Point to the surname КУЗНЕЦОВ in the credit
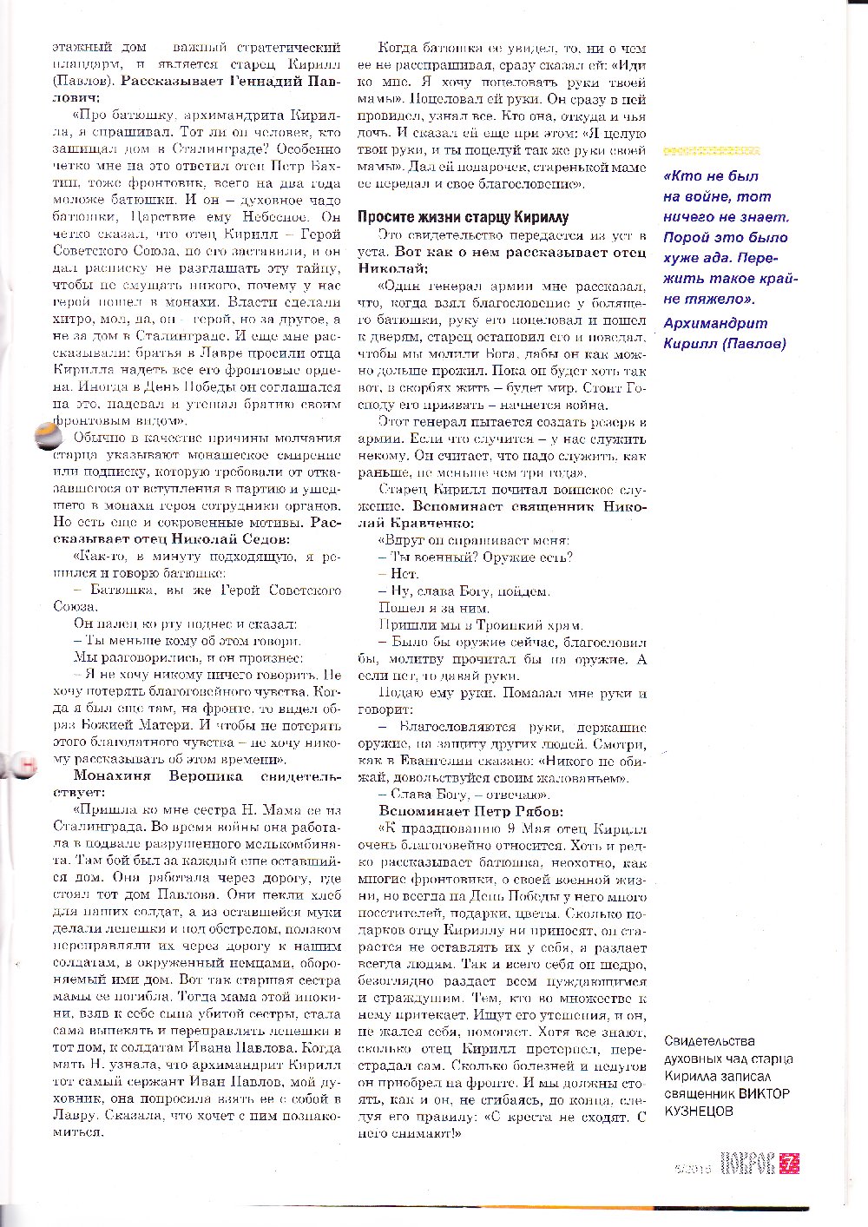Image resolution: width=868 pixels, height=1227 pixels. tap(699, 1111)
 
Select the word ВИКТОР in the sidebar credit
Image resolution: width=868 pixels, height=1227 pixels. tap(764, 1093)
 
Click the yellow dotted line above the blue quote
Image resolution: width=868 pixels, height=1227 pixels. tap(711, 150)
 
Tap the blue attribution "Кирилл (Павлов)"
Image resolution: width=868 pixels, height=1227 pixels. tap(724, 343)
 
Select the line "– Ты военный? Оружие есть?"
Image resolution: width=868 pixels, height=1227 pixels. tap(476, 557)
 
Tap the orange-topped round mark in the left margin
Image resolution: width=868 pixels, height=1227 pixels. tap(43, 438)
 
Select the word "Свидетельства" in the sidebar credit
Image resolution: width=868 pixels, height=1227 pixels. tap(708, 1040)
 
